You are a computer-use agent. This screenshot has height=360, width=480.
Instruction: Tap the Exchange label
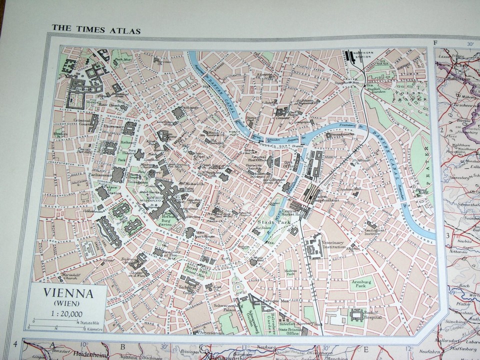coord(189,107)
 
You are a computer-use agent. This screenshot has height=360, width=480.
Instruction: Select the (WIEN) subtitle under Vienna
coord(67,303)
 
